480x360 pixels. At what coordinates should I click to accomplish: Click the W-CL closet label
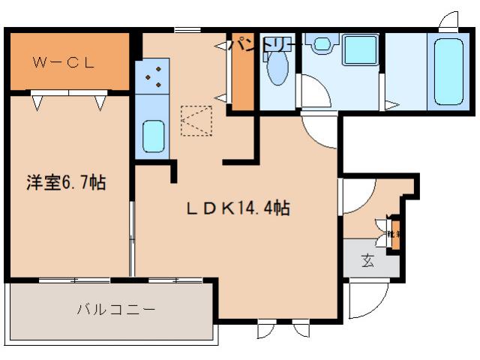(x=64, y=62)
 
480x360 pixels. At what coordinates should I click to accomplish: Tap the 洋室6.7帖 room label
(x=67, y=182)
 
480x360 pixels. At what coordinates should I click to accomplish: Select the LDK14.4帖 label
(x=238, y=210)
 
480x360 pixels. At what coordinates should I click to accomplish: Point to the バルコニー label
(x=116, y=309)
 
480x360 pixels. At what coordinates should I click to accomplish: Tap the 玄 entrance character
(x=368, y=261)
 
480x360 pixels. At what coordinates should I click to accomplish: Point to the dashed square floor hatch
(x=197, y=120)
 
